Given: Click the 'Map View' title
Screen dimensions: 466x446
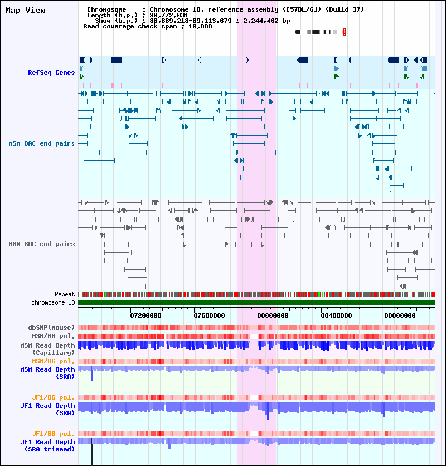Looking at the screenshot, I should click(25, 10).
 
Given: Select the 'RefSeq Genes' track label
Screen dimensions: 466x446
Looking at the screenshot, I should click(51, 73).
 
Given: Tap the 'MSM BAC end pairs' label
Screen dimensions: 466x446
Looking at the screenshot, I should click(41, 143).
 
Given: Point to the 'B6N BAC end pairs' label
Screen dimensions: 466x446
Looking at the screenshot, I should click(41, 244).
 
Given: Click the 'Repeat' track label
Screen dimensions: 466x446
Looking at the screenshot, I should click(64, 294).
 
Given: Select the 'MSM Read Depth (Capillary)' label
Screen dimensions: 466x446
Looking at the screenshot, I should click(47, 349).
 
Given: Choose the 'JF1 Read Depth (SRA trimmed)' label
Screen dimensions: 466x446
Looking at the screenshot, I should click(47, 445).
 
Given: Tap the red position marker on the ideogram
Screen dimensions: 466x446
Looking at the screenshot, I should click(345, 32).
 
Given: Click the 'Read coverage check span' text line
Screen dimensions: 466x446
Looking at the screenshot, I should click(147, 26).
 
